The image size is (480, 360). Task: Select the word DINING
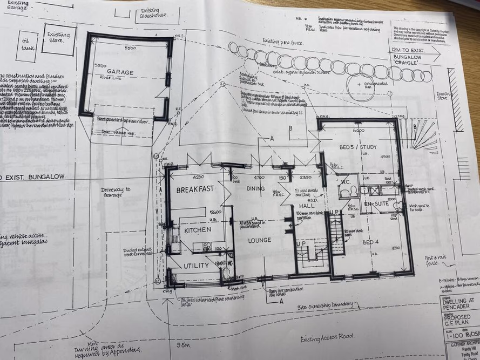click(x=256, y=188)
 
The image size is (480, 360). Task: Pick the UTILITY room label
click(x=195, y=266)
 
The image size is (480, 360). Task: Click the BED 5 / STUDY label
click(x=357, y=147)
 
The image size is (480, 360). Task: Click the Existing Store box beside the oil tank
click(x=59, y=38)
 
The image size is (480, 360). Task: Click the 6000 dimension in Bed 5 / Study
click(x=359, y=131)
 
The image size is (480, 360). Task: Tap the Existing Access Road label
click(x=328, y=337)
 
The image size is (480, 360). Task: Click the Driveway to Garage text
click(x=116, y=193)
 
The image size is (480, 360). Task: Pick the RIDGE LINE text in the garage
click(x=111, y=78)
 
